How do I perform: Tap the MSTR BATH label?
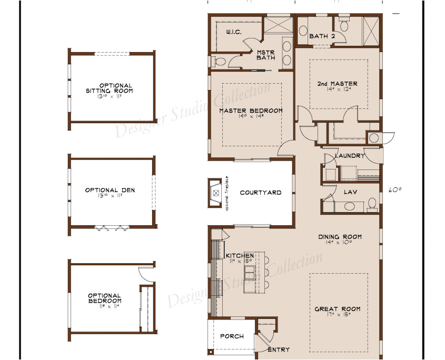click(x=265, y=55)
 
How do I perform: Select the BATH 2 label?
click(x=322, y=36)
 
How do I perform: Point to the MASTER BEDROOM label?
click(x=251, y=111)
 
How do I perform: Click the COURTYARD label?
click(x=260, y=193)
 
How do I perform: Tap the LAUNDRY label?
click(x=349, y=156)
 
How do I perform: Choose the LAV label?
click(x=350, y=192)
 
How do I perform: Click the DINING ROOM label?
click(x=340, y=237)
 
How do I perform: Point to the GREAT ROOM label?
click(x=337, y=309)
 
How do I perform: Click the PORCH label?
click(x=232, y=336)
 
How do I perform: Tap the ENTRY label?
click(x=279, y=349)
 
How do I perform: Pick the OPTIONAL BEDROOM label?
click(x=104, y=298)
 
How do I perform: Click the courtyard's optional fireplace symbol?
click(x=215, y=193)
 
